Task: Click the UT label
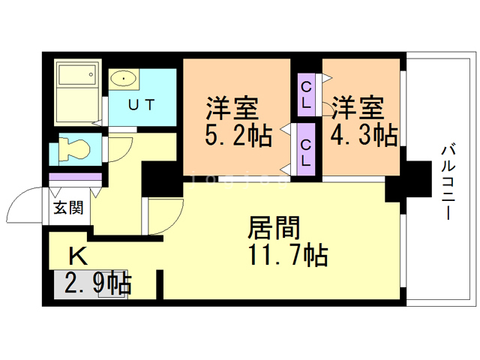pos(141,105)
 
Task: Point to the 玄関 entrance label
pos(67,208)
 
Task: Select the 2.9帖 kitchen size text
pos(97,283)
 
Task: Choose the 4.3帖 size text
pos(364,135)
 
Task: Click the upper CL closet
pos(307,94)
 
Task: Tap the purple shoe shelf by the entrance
pos(75,177)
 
